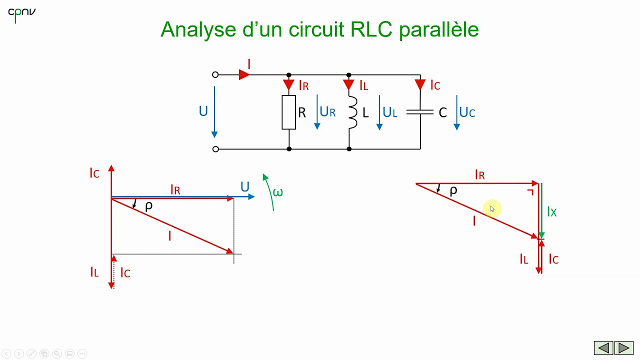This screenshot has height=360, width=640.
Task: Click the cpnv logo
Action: pos(21,13)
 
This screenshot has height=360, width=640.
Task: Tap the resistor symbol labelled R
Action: pos(289,112)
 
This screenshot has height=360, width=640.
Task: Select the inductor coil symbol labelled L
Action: pos(352,112)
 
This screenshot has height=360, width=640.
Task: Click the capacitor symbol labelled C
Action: pos(420,112)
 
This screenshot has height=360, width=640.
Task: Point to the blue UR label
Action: pos(327,112)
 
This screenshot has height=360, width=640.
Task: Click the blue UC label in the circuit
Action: pos(467,112)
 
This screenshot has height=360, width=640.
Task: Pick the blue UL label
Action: pos(390,112)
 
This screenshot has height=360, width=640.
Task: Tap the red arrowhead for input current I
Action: pos(244,74)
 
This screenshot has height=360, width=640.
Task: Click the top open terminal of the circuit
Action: pos(215,75)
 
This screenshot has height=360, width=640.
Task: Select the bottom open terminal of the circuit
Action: pos(215,149)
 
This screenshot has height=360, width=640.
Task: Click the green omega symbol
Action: pos(277,192)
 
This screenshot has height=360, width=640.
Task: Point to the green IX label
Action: pos(551,212)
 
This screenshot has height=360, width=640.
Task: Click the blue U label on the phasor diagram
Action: pos(244,187)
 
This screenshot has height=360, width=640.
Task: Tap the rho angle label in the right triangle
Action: pos(453,191)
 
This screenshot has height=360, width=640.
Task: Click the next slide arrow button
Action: pos(623,348)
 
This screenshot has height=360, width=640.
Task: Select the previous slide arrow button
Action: pos(603,348)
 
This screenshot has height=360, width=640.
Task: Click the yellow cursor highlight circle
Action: pos(492,209)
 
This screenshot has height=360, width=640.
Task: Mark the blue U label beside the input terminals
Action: pos(203,111)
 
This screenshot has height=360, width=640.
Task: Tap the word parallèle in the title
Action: pos(439,29)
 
